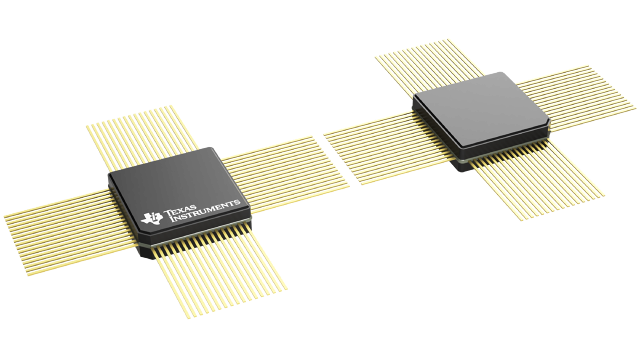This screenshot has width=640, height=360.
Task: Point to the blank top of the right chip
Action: (479, 109)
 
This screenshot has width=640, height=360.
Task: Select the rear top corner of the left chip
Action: (211, 148)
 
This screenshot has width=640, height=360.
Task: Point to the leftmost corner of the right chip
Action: (414, 99)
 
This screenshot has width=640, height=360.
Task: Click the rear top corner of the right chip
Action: (499, 72)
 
